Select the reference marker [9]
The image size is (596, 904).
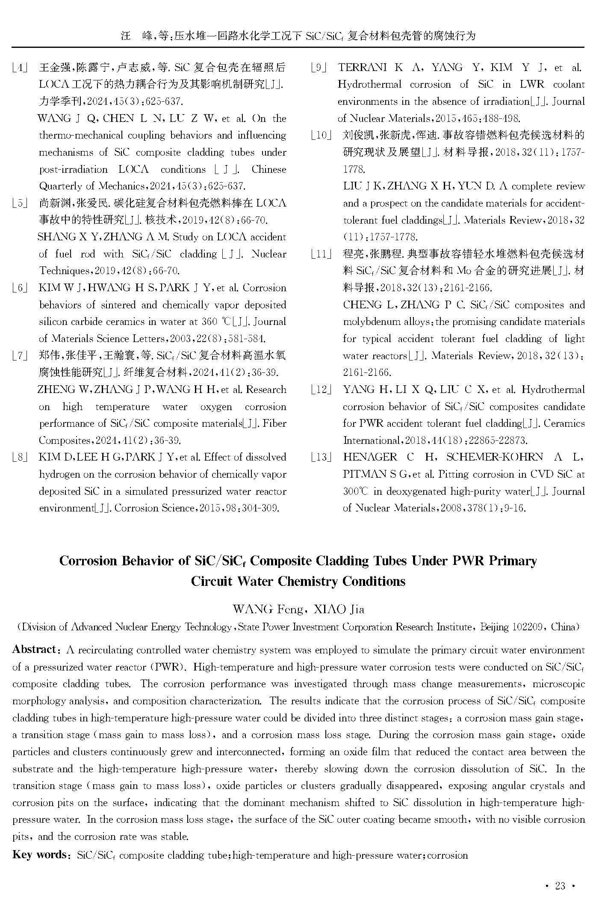click(x=319, y=68)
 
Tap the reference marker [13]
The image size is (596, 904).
click(x=322, y=457)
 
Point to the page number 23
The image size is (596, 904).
click(x=560, y=886)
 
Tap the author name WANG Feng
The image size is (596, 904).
click(x=267, y=609)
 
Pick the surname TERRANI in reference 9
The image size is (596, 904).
click(x=362, y=68)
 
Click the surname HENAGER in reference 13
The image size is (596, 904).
click(x=370, y=457)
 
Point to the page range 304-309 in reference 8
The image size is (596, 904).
click(x=261, y=508)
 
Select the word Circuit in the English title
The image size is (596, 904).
click(x=210, y=581)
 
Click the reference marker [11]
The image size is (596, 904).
click(x=322, y=254)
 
